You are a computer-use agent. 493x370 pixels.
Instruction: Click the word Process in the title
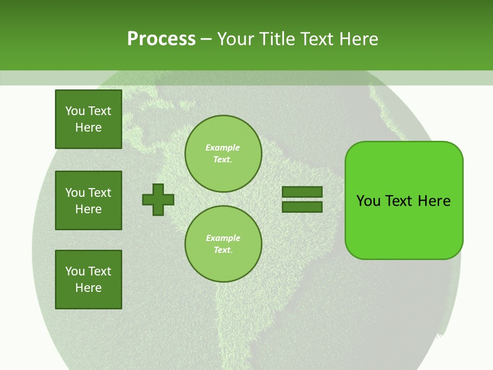point(161,39)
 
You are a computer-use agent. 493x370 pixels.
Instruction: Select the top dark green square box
point(88,119)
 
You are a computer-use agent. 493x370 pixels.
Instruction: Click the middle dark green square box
point(88,200)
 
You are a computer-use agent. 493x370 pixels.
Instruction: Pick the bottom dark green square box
point(88,280)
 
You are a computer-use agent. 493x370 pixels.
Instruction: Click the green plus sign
point(158,199)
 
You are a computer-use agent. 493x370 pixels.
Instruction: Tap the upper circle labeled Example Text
point(223,153)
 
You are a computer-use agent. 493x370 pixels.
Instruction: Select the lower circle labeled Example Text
point(223,244)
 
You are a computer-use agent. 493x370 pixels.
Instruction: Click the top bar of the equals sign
point(302,192)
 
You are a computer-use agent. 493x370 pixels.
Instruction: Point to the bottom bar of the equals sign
point(302,207)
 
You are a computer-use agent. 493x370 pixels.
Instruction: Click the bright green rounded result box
point(404,226)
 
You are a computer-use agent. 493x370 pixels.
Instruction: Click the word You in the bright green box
point(369,201)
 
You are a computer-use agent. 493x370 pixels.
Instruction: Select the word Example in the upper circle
point(223,147)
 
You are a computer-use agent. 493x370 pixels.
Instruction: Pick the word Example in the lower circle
point(223,238)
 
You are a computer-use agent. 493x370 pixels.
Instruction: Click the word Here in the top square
point(88,127)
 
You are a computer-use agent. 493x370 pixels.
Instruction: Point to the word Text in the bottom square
point(100,271)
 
